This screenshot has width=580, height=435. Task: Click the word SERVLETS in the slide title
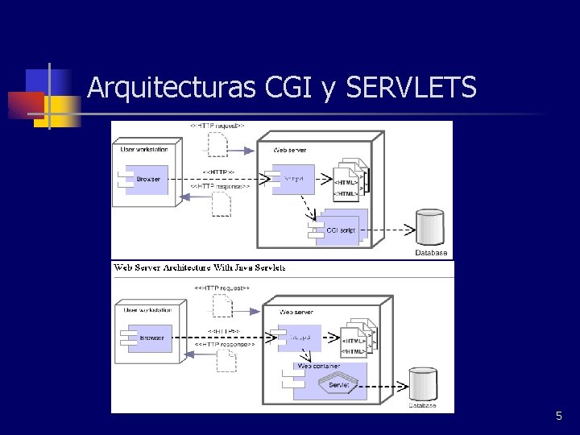point(411,87)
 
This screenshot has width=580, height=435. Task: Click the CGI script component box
point(340,230)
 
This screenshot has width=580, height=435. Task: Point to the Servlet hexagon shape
point(338,385)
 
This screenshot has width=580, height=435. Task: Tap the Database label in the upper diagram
point(431,253)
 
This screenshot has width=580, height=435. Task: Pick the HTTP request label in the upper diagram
point(217,126)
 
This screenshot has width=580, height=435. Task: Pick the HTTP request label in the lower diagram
point(222,287)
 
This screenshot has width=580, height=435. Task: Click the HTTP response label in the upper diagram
point(220,186)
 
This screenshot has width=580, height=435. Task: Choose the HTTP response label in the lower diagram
point(225,344)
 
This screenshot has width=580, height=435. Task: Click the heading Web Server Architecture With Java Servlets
point(200,267)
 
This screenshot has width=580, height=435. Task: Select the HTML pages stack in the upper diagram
point(349,181)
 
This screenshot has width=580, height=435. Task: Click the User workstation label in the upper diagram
point(144,149)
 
